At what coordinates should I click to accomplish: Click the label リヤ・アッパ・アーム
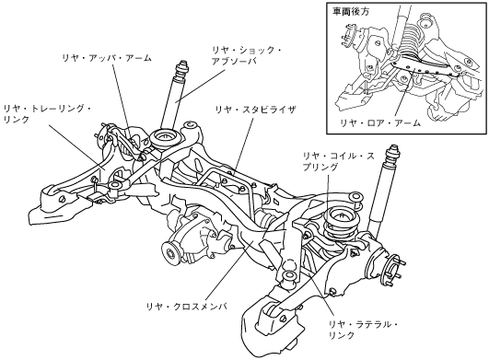(107, 58)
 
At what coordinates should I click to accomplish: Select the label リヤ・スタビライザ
(255, 110)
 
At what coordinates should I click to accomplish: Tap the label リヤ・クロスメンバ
(187, 306)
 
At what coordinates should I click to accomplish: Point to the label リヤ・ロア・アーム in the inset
(380, 122)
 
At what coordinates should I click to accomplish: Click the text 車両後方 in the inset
(351, 12)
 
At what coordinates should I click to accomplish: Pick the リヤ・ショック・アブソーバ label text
(247, 56)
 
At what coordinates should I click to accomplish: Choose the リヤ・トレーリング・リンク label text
(47, 114)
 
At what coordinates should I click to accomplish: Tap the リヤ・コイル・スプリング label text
(338, 161)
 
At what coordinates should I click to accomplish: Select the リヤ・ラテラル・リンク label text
(364, 330)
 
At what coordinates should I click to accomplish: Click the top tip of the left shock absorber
(181, 62)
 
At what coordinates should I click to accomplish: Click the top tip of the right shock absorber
(394, 145)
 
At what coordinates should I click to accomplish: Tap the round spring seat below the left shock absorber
(165, 138)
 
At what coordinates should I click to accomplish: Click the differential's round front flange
(170, 252)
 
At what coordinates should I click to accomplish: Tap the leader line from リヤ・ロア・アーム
(404, 94)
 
